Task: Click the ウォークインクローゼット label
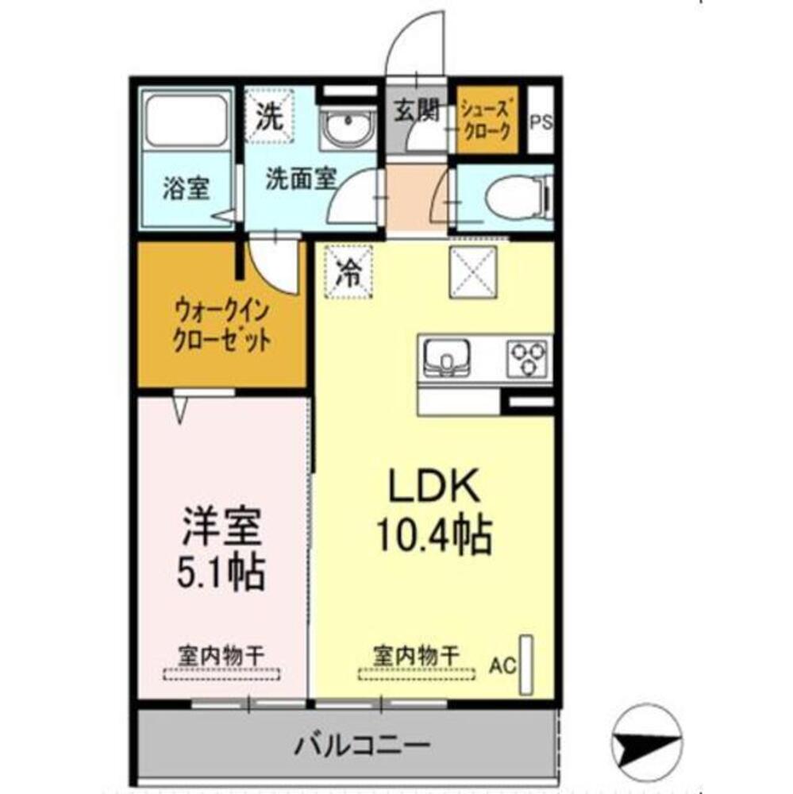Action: point(221,326)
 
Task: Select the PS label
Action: point(541,123)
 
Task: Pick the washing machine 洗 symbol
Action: point(268,118)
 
